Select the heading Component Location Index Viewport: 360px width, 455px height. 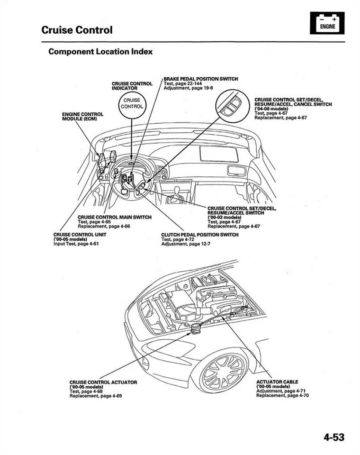(x=100, y=52)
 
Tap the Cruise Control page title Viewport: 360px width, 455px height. (x=77, y=30)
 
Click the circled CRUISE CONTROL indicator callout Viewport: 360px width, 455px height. (x=132, y=103)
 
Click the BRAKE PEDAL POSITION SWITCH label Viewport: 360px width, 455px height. (x=200, y=79)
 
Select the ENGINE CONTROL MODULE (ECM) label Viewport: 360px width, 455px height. (x=83, y=117)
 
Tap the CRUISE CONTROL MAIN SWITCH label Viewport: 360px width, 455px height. (x=115, y=217)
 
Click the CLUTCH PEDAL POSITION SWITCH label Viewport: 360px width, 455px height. (x=199, y=235)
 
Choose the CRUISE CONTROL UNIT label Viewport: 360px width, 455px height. (x=80, y=235)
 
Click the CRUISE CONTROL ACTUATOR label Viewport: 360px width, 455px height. (x=103, y=382)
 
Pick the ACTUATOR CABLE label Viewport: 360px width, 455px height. (x=277, y=382)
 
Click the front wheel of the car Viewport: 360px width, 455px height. (x=224, y=370)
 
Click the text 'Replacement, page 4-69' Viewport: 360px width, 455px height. (x=95, y=395)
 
